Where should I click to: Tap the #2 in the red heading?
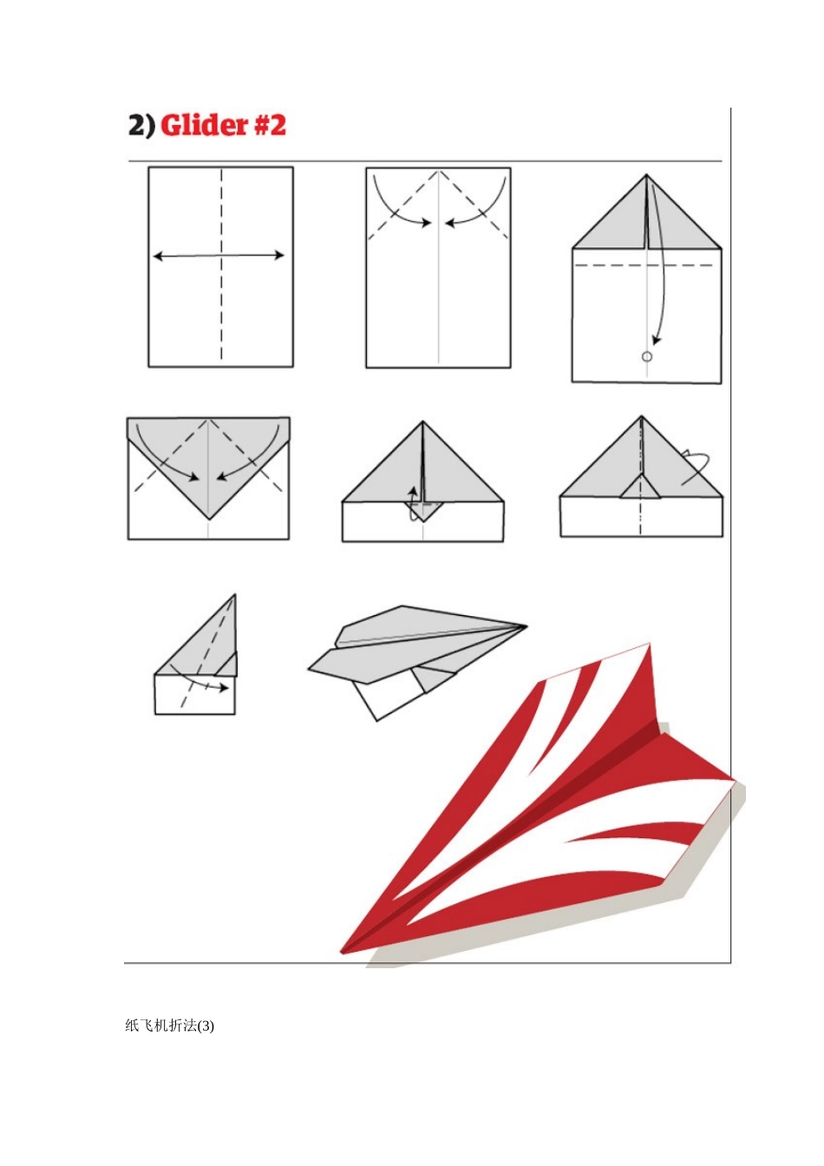270,126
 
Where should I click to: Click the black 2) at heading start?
141,126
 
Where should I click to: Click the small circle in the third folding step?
647,357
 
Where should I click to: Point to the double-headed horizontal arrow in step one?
219,256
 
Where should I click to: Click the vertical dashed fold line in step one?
221,264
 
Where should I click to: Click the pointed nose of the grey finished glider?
526,626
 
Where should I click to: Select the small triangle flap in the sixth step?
641,488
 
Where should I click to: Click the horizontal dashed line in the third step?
644,265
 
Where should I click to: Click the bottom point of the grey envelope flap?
209,519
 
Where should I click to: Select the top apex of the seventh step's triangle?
235,595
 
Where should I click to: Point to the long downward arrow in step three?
663,271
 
